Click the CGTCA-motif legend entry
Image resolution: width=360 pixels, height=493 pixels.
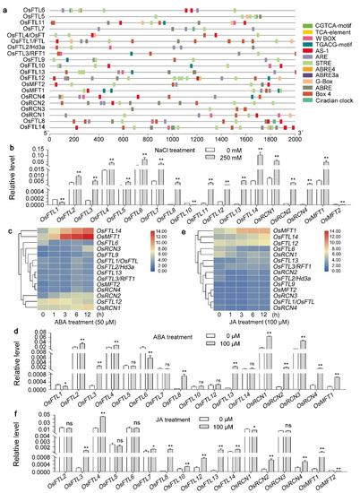(x=329, y=33)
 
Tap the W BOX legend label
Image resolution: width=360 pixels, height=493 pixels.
(x=322, y=51)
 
